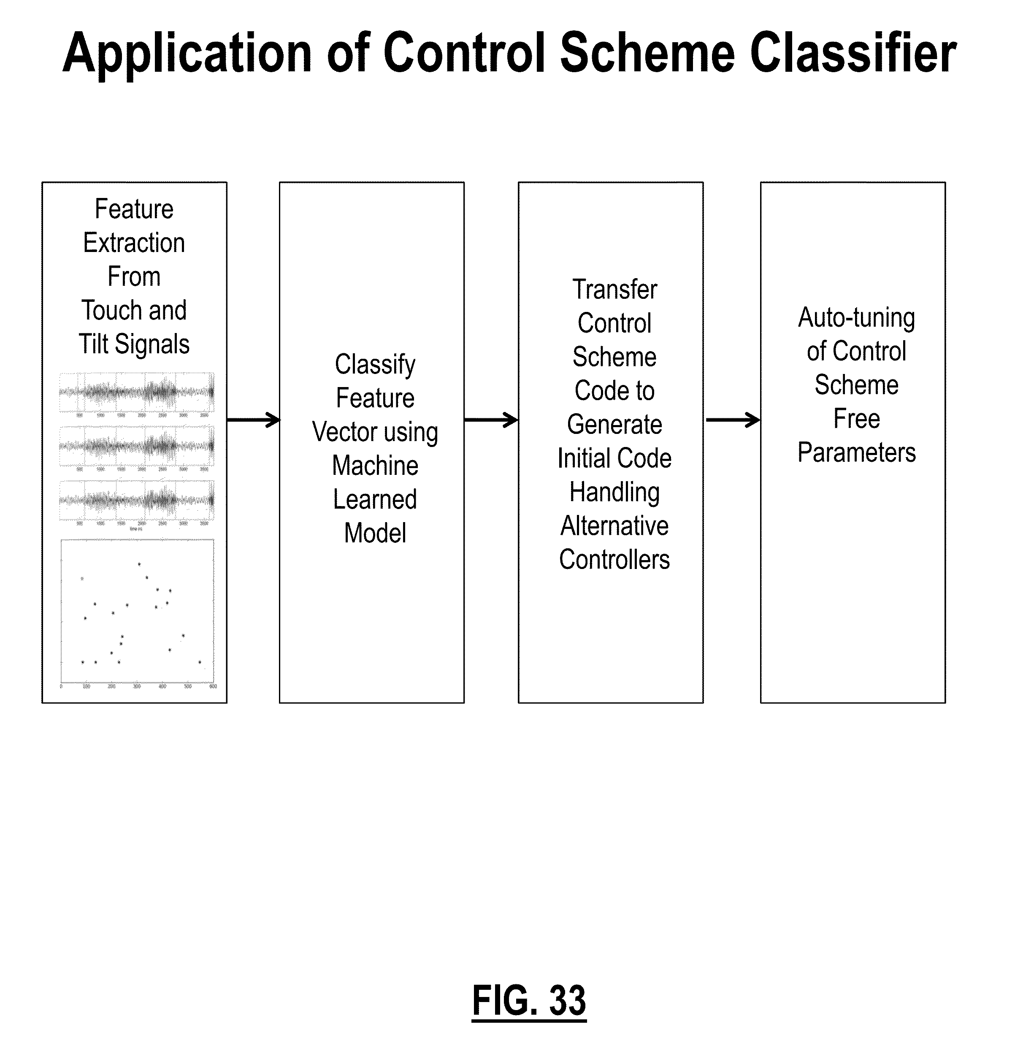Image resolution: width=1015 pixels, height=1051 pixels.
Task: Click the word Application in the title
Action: click(187, 54)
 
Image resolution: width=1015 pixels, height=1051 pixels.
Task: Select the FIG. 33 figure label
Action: click(529, 1000)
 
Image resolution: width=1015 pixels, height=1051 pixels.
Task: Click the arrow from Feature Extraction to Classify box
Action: click(253, 420)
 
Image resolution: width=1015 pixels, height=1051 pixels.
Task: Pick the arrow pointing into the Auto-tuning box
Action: click(732, 420)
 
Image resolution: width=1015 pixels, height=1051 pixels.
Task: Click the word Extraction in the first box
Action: click(134, 243)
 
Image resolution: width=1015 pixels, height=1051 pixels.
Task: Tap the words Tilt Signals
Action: click(134, 344)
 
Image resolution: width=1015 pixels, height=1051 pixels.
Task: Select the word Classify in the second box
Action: click(375, 365)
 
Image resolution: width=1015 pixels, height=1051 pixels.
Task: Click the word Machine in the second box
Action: click(375, 466)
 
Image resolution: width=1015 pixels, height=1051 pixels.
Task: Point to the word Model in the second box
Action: click(375, 533)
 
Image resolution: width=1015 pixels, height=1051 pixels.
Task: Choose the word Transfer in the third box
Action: click(614, 290)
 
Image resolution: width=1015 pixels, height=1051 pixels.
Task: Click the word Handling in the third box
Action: click(614, 492)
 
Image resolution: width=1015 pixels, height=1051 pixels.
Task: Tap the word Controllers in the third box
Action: click(614, 560)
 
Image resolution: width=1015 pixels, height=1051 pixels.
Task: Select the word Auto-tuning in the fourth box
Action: click(856, 318)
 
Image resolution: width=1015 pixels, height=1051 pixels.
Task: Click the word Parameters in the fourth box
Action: click(856, 452)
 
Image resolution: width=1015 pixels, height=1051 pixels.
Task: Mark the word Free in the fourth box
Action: click(856, 419)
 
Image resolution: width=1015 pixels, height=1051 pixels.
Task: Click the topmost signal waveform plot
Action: click(137, 392)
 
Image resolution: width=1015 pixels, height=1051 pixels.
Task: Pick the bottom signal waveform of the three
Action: click(137, 500)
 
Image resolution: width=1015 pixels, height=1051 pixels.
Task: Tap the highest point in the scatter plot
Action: click(139, 564)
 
